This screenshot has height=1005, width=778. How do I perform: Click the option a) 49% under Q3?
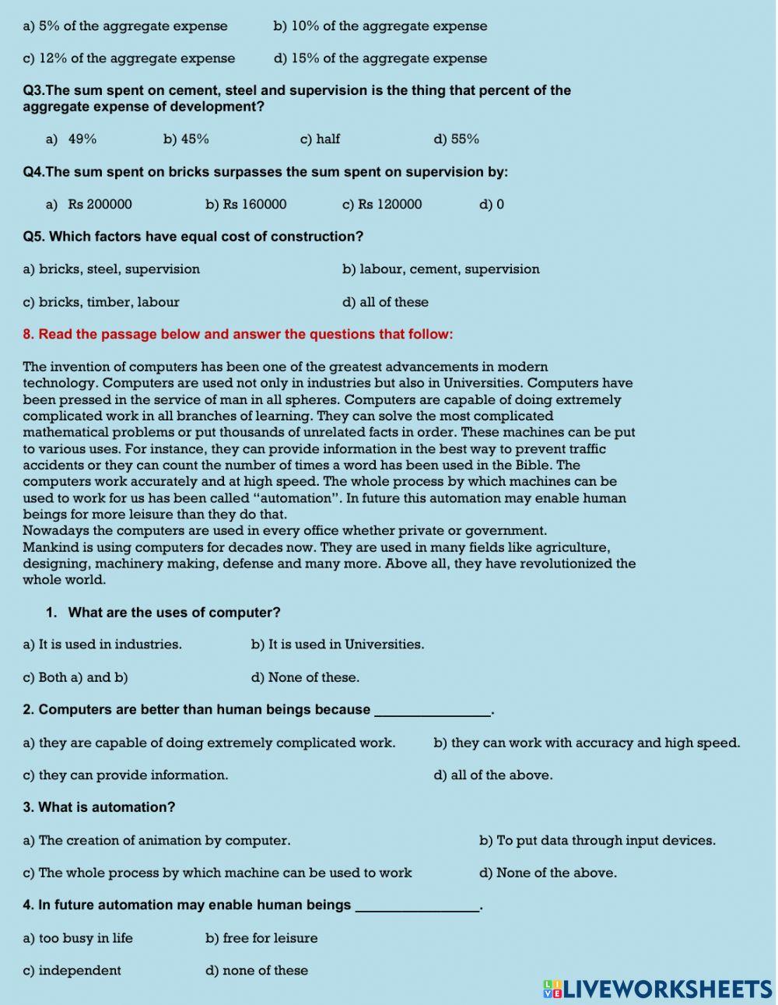[72, 139]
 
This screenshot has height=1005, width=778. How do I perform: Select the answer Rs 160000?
[246, 205]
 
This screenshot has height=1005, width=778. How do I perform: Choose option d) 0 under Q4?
[492, 205]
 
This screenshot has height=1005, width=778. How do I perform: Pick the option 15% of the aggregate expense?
[380, 58]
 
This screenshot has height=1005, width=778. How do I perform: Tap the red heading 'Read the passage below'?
[237, 335]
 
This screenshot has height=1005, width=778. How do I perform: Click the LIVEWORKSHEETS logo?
[657, 989]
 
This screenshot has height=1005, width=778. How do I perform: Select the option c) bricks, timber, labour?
[101, 302]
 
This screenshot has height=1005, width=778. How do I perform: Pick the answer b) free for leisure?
[261, 938]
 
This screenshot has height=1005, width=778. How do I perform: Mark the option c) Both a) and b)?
[75, 677]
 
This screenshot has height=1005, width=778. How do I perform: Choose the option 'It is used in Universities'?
[338, 645]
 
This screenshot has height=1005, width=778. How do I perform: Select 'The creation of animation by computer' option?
[156, 841]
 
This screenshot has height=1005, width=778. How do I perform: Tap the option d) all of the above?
[493, 775]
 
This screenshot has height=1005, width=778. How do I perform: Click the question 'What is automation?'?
[99, 808]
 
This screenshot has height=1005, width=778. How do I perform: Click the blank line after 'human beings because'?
[433, 711]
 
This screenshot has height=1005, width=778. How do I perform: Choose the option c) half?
[320, 139]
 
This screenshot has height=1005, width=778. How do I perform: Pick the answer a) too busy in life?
[78, 938]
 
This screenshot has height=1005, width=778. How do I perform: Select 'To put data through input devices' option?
[597, 841]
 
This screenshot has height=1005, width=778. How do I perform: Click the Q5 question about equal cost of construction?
[193, 237]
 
